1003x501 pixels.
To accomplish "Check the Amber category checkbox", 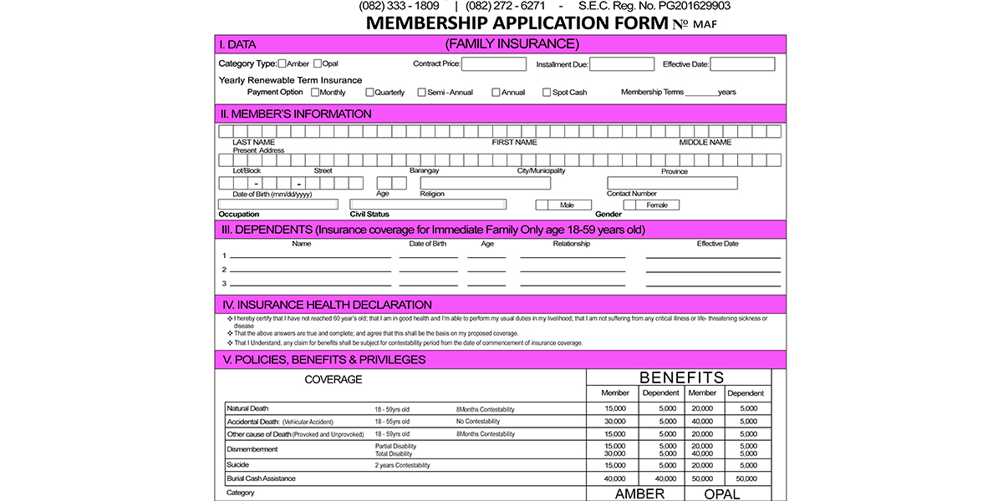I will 282,63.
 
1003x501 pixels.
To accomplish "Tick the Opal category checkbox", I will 318,63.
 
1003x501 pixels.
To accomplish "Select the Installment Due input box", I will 622,64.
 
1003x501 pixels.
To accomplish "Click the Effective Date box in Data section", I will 742,64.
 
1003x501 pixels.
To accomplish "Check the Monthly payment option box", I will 315,93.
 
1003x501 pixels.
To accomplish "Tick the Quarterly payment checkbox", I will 370,93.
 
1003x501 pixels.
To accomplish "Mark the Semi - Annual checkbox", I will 422,93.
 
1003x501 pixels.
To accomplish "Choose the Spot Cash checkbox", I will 547,93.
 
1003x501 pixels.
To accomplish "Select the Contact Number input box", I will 672,183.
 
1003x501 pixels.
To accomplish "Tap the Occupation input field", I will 278,204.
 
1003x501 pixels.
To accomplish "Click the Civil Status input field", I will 428,204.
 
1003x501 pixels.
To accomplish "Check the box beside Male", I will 542,205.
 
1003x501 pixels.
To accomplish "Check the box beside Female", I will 629,205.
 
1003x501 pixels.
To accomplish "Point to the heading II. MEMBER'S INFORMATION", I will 296,114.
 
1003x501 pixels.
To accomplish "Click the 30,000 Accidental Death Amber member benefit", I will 615,422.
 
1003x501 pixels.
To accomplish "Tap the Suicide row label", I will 238,464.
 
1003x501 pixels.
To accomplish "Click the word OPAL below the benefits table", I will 722,494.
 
